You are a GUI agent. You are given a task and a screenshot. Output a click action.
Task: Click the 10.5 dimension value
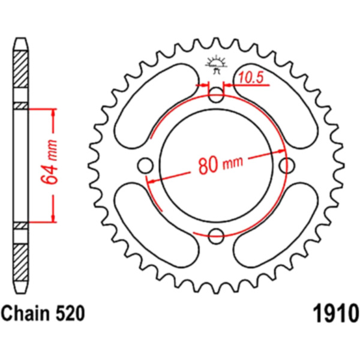tap(250, 78)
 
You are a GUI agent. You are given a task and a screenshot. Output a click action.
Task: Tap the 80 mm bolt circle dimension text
tap(221, 164)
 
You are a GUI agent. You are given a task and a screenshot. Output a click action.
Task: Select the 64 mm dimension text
tap(49, 162)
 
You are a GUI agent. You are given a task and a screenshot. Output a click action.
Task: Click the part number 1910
tap(335, 313)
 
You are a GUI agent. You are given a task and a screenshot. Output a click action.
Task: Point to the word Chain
tap(25, 313)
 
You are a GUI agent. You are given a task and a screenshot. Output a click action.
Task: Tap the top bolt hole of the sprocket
tap(216, 95)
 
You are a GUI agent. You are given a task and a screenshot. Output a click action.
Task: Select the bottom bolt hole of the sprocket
tap(216, 236)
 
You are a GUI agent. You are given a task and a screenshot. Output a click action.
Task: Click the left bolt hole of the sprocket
tap(145, 166)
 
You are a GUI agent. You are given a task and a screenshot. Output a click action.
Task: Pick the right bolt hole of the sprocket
tap(287, 166)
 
